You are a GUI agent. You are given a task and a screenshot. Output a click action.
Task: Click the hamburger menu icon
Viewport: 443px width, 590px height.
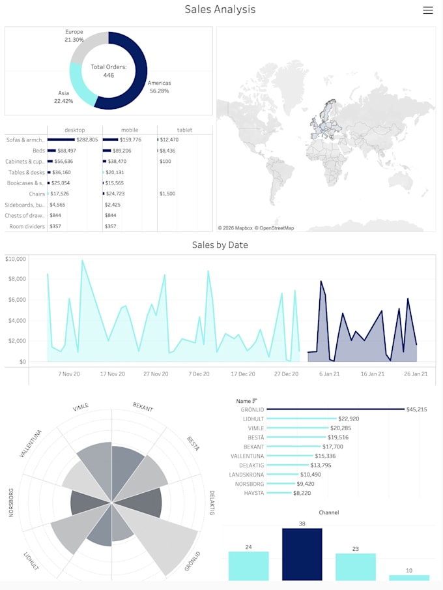tap(428, 10)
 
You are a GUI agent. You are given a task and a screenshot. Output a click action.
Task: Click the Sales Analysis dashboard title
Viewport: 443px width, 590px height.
tap(220, 9)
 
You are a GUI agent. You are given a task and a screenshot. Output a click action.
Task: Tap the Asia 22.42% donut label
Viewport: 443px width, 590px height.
tap(64, 97)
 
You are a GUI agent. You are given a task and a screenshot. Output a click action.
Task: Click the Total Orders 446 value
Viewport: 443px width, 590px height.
tap(109, 75)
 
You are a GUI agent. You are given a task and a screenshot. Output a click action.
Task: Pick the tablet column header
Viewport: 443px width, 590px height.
tap(184, 130)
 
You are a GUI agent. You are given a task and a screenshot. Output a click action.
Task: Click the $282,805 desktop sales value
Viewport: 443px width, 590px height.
tap(87, 140)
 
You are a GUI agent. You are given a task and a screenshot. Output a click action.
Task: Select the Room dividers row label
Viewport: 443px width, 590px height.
tap(27, 226)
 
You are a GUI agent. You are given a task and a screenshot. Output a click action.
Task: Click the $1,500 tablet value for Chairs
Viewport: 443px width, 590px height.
tap(167, 194)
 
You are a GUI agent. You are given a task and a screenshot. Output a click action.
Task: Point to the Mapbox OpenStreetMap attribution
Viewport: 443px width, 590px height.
tap(256, 228)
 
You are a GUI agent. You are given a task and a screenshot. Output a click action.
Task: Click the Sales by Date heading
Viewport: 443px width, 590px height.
tap(220, 245)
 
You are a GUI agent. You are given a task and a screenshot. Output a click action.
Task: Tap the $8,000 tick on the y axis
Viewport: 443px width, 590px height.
tap(17, 279)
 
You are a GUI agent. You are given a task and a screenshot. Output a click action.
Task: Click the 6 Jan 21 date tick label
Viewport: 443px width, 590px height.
tap(330, 374)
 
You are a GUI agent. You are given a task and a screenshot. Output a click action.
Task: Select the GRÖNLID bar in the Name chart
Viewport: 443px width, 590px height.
tap(336, 409)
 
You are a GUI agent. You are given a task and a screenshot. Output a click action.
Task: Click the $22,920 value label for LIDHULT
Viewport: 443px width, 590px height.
tap(349, 419)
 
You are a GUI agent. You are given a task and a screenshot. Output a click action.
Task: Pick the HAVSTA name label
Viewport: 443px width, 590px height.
tap(254, 493)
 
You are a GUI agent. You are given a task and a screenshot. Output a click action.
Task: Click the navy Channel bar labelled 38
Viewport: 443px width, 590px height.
tap(302, 554)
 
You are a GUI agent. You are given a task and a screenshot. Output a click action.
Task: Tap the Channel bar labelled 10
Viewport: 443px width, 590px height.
tap(409, 578)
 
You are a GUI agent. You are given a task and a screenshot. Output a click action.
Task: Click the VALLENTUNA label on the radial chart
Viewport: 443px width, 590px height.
tap(31, 443)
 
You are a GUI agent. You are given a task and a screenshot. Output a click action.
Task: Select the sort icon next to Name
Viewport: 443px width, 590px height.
tap(255, 401)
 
